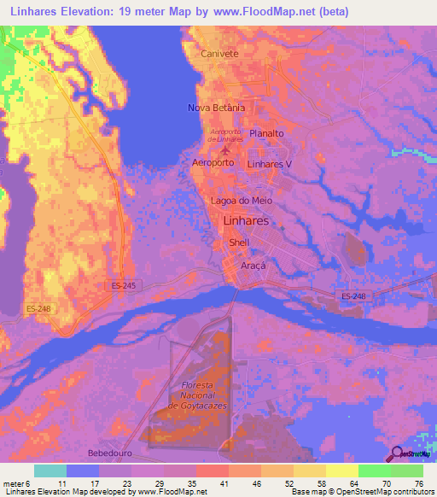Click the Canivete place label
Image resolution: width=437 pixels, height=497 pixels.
[218, 53]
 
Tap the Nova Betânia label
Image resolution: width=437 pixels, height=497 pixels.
[216, 108]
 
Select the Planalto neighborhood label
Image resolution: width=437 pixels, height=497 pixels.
[266, 134]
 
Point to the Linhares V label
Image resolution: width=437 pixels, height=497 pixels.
[269, 163]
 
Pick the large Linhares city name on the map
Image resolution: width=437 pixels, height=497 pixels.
[246, 220]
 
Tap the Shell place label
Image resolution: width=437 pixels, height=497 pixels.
[239, 243]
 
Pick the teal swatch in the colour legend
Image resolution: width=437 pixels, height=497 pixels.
[50, 471]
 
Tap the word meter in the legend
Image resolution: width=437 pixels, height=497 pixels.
[14, 482]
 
